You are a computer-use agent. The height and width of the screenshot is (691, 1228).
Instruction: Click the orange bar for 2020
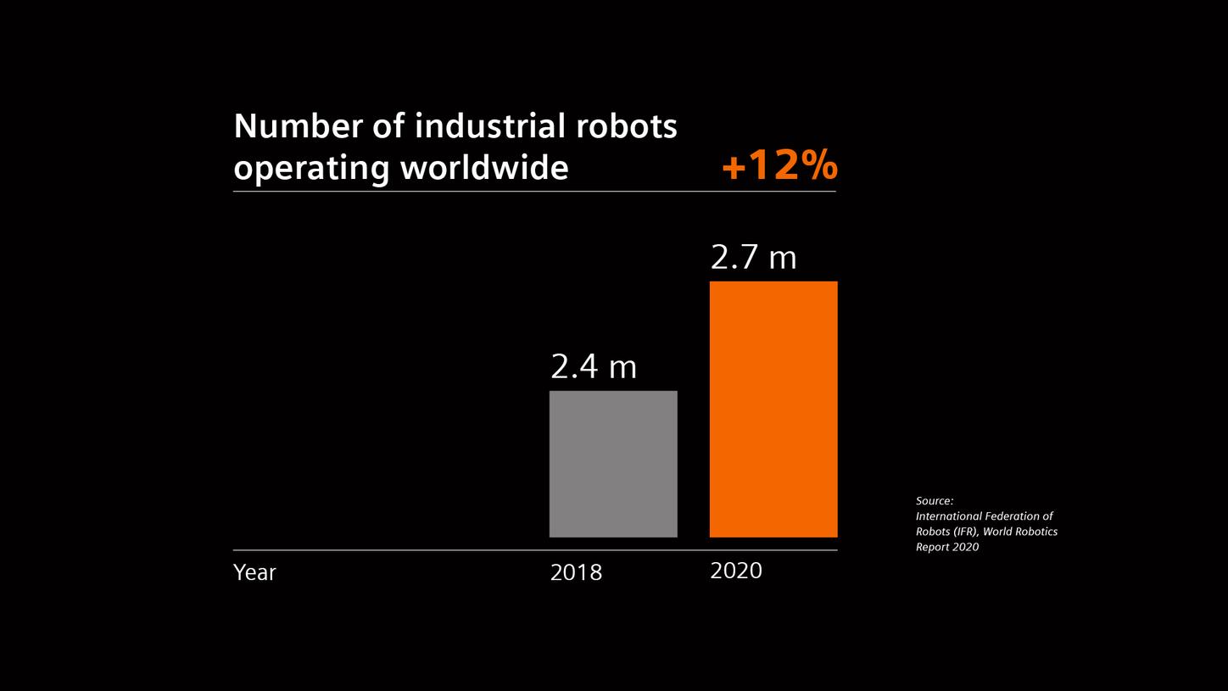773,409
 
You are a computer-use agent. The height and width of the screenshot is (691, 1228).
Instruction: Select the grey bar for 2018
613,464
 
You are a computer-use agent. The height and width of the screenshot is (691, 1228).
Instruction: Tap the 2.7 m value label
753,258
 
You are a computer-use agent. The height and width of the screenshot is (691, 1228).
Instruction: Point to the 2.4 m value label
594,367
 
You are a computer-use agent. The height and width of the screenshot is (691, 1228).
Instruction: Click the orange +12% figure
779,165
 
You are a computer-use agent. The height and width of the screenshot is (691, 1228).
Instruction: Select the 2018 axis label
576,572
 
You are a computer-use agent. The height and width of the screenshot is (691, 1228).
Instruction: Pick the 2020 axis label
736,571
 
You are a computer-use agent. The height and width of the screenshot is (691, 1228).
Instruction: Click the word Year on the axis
254,572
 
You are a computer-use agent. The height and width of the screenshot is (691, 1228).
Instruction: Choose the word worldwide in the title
484,167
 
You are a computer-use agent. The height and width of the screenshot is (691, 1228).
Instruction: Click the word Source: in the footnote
935,501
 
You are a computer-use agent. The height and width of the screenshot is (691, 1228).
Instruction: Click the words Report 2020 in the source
947,547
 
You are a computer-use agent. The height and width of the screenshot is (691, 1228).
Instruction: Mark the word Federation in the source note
1013,516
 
